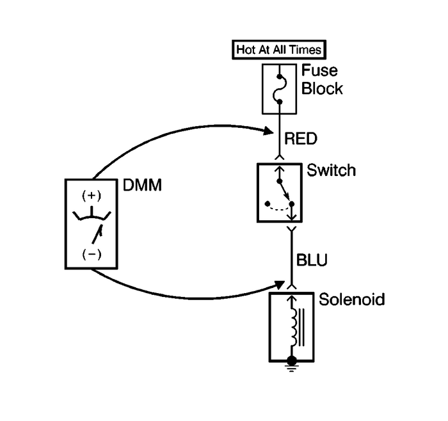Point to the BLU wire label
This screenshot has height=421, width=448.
312,260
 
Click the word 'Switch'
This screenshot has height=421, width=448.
331,171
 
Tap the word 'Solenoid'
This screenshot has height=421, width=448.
351,299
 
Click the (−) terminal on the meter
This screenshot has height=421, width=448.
92,254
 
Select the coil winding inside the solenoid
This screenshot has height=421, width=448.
294,326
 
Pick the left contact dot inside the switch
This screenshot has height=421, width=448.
266,204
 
